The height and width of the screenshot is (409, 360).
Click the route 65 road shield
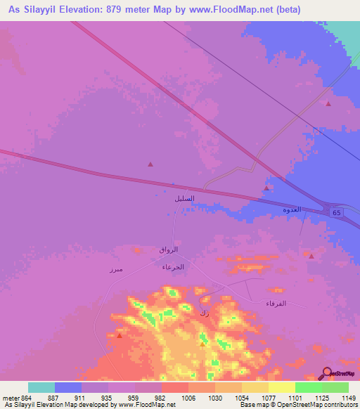click(335, 212)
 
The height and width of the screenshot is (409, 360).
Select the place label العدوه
click(291, 210)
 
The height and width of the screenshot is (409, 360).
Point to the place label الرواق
click(169, 249)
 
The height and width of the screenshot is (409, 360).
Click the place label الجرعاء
click(173, 268)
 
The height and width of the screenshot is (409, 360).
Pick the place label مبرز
click(116, 269)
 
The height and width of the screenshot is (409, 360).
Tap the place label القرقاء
click(276, 304)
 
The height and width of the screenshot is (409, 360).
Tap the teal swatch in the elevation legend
click(41, 387)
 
